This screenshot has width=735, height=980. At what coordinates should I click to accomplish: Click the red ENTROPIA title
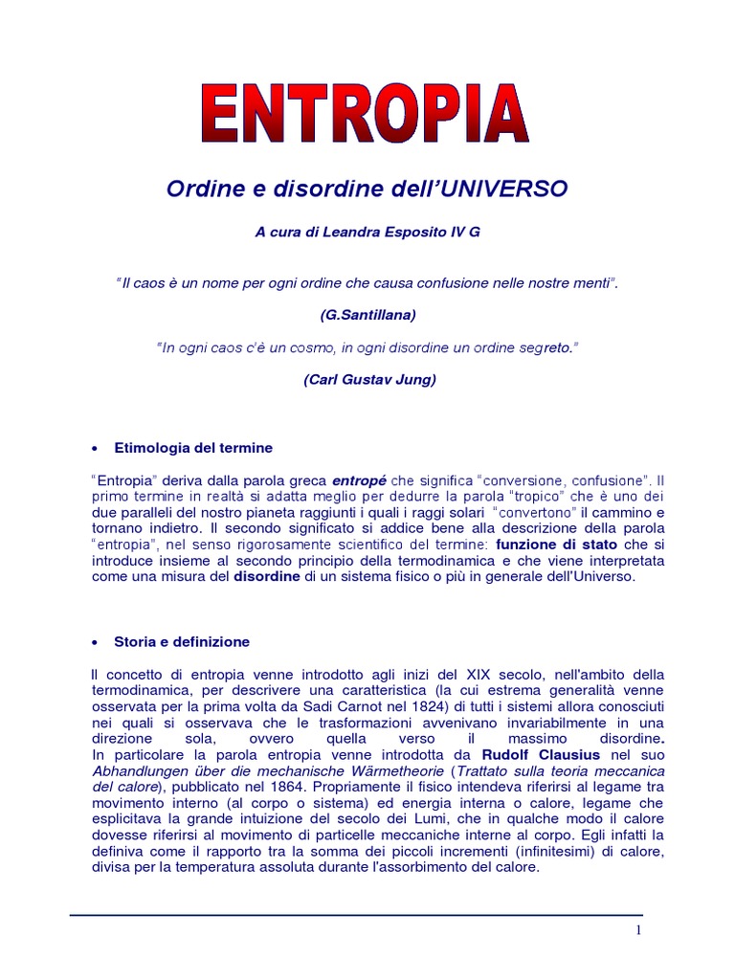tap(367, 115)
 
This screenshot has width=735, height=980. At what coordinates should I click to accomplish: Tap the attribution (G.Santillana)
tap(367, 315)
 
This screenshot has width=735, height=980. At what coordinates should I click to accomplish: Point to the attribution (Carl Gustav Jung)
tap(369, 380)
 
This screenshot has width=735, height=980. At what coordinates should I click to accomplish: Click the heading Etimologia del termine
tap(193, 448)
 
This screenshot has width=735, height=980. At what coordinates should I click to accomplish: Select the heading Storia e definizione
tap(182, 642)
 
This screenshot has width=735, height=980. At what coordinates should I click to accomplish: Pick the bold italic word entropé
tap(360, 480)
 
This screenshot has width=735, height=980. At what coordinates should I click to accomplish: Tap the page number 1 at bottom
tap(636, 932)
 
